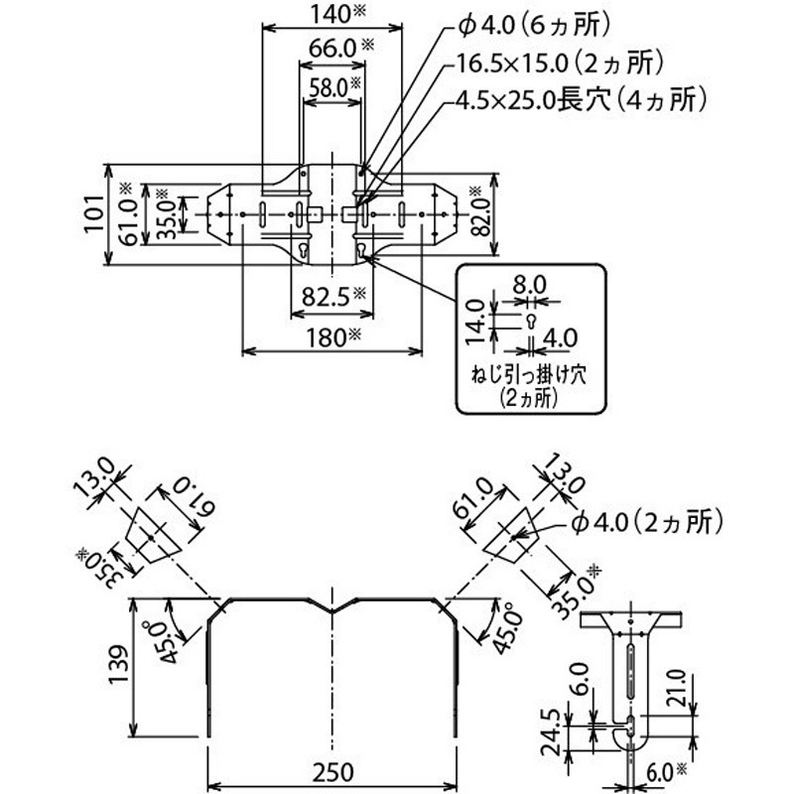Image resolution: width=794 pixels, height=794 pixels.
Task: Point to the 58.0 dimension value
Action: (328, 86)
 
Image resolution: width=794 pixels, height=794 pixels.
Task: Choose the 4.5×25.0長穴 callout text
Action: (581, 99)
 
